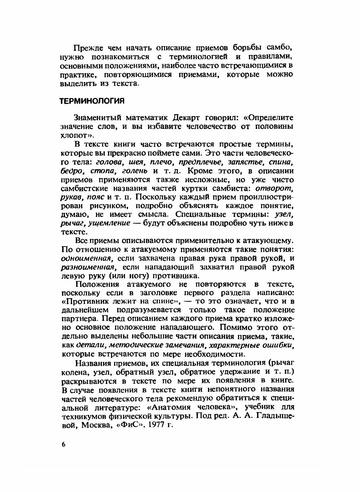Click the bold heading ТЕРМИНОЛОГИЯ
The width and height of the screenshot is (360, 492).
[x=92, y=101]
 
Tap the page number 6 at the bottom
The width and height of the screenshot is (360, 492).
[x=63, y=444]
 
